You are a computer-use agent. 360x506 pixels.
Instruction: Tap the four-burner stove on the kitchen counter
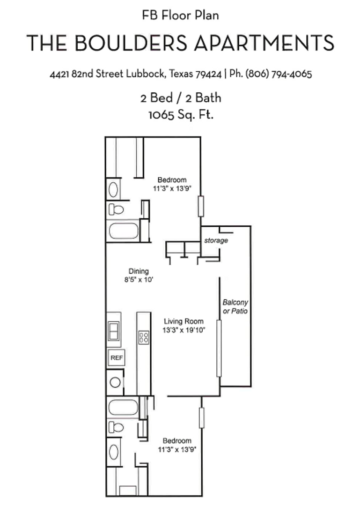[x=144, y=337]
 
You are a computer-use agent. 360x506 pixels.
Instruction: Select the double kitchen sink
[x=114, y=331]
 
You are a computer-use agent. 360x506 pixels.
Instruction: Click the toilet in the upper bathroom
[x=116, y=209]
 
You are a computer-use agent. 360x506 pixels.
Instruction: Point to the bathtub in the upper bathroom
[x=123, y=231]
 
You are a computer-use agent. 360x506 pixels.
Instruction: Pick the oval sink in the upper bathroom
[x=113, y=190]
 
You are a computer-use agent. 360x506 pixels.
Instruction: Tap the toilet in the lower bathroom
[x=116, y=427]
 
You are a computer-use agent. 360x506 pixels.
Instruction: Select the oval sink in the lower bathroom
[x=114, y=452]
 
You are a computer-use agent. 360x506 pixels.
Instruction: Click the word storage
[x=216, y=240]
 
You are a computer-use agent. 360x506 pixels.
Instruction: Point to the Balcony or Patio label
[x=235, y=307]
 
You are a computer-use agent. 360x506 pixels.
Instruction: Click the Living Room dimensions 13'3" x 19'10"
[x=184, y=330]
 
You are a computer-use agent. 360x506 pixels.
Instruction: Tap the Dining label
[x=139, y=271]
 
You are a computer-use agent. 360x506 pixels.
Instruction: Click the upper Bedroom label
[x=172, y=180]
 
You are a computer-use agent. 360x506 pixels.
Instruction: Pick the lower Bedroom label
[x=177, y=441]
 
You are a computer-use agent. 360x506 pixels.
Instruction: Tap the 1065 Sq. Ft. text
[x=181, y=114]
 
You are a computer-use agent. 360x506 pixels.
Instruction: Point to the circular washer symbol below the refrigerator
[x=115, y=382]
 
